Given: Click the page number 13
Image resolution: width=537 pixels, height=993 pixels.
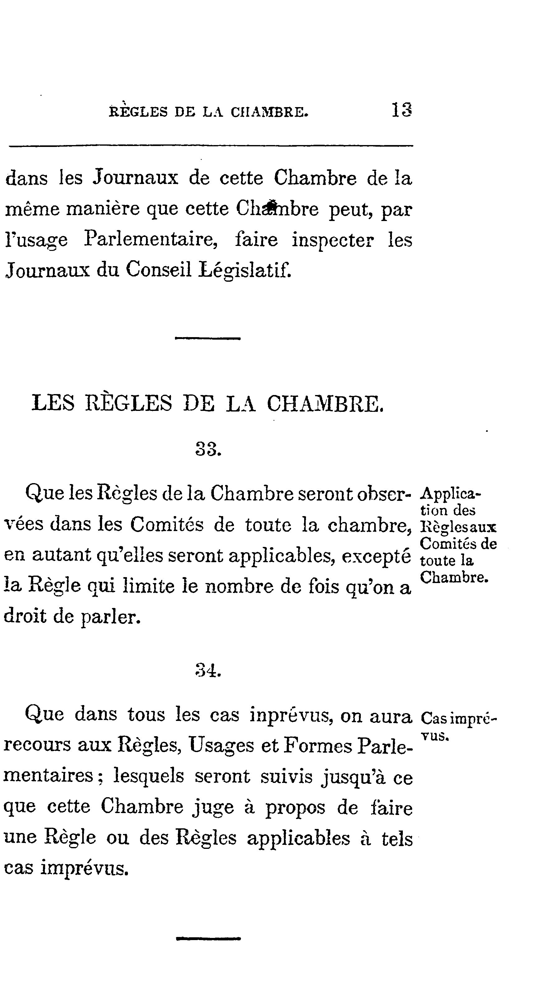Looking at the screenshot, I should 402,110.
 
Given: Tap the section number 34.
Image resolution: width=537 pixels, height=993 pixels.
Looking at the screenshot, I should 208,671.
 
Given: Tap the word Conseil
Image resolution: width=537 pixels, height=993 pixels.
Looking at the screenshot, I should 159,270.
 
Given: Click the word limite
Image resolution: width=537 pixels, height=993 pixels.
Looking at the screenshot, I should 149,586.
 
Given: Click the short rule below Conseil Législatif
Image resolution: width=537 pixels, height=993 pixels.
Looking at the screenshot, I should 208,338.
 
